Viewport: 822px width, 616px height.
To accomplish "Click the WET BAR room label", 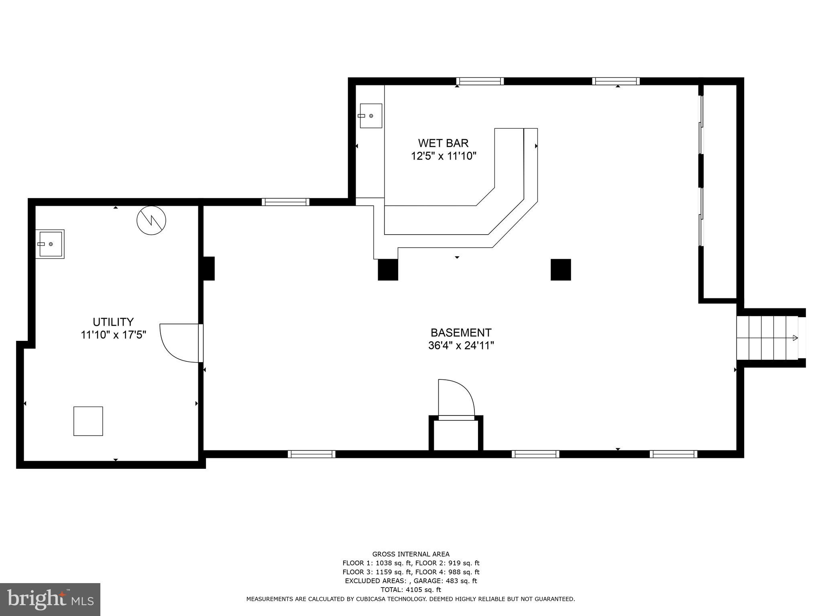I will (x=443, y=143).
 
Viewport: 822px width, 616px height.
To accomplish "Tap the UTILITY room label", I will (x=113, y=322).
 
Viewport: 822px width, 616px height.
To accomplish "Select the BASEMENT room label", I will (x=461, y=332).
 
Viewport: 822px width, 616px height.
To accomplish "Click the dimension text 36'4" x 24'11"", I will (x=461, y=345).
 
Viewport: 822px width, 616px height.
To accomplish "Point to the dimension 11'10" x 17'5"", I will (x=113, y=334).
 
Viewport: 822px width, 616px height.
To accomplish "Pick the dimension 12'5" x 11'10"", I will (x=443, y=156).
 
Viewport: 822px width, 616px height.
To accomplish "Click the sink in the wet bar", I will (x=370, y=115).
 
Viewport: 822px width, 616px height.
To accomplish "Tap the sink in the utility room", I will (x=50, y=244).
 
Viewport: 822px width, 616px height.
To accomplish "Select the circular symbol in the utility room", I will (x=151, y=220).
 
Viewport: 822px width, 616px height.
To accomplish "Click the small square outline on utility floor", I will (x=88, y=421).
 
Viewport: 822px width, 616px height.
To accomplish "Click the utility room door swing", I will (x=179, y=343).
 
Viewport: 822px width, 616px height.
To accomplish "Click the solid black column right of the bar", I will (x=560, y=269).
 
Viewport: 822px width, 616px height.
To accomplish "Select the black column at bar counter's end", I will (x=388, y=269).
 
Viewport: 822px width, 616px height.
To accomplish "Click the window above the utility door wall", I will (x=285, y=202).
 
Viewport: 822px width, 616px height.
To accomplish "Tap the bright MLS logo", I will (x=50, y=599).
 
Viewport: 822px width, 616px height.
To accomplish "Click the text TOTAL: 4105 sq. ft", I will (x=411, y=590).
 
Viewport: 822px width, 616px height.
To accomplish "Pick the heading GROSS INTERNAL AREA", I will (x=411, y=554).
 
